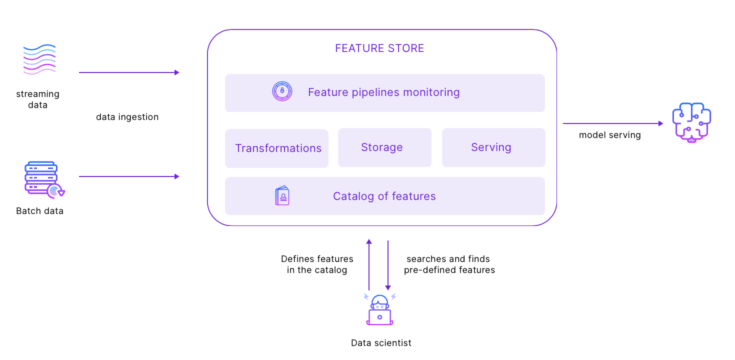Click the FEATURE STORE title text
pos(379,48)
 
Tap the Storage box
pos(384,147)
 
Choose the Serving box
pos(493,147)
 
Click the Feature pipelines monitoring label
pos(383,92)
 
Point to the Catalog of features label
pos(384,196)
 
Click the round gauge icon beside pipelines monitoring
pos(282,91)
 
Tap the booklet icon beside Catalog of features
pos(282,196)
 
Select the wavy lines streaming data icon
pos(39,59)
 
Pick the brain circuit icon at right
pos(691,122)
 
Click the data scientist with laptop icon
pos(379,310)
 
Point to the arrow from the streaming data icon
pos(128,72)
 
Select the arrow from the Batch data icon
pos(128,176)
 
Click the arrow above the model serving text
pos(612,123)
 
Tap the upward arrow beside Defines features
pos(369,265)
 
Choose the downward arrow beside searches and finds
pos(388,265)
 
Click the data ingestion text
pos(127,117)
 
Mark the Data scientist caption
pos(381,343)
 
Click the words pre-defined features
pos(449,270)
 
